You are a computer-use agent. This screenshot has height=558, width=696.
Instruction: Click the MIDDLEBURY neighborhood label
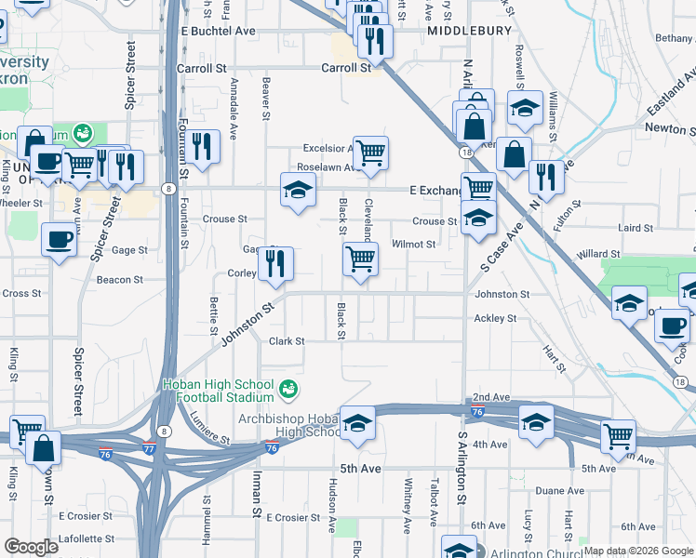(x=470, y=31)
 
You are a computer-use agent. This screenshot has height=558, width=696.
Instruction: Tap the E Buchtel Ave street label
(x=218, y=31)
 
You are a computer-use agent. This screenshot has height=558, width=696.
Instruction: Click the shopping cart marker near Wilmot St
(x=360, y=259)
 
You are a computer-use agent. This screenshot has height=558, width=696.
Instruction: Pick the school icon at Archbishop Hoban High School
(x=357, y=423)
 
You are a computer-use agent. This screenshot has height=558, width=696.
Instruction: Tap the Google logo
(x=31, y=546)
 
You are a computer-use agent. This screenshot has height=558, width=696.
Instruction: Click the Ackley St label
(x=495, y=318)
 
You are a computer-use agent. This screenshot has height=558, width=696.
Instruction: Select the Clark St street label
(x=287, y=341)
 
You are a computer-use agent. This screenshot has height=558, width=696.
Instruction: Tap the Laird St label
(x=636, y=228)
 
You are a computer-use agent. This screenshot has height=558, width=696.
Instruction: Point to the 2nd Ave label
(x=492, y=397)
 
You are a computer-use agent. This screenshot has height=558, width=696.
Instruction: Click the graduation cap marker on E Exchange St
(x=298, y=191)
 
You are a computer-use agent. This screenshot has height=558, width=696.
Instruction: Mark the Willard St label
(x=597, y=254)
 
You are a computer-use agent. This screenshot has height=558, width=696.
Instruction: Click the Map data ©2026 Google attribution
(x=638, y=551)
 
